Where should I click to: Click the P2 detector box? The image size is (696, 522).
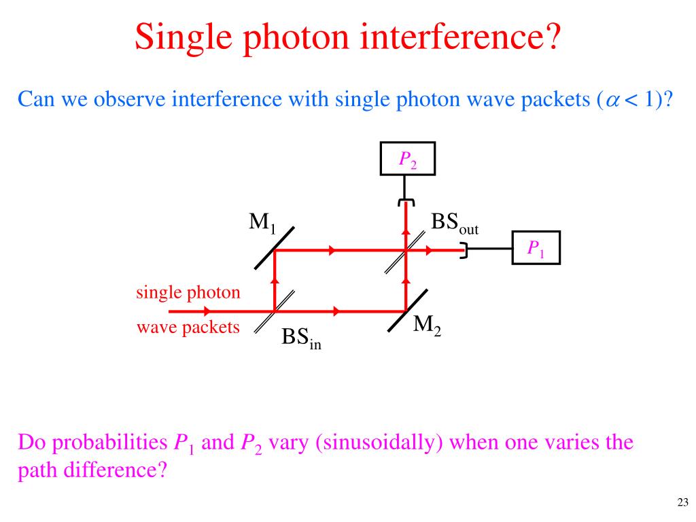(x=406, y=160)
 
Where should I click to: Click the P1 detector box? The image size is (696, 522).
(x=536, y=249)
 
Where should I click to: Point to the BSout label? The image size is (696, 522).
(x=454, y=224)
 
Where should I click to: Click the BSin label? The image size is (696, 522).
(x=301, y=338)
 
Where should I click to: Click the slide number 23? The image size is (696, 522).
(x=682, y=502)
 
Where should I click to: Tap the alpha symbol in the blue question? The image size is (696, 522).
(x=612, y=100)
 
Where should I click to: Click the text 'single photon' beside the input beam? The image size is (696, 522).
(x=188, y=293)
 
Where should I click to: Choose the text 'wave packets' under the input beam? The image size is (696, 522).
(x=188, y=328)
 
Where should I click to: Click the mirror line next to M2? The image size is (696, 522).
(x=407, y=311)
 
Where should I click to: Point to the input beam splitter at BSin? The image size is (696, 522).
(x=275, y=311)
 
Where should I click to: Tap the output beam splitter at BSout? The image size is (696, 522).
(x=405, y=250)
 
